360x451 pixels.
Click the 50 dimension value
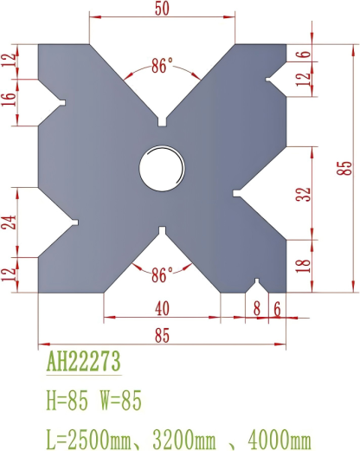[162, 8]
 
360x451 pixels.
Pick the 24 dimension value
[9, 222]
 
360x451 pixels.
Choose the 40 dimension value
[162, 307]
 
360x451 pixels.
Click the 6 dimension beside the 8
[277, 307]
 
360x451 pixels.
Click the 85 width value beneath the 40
[162, 335]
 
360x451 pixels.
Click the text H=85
[68, 401]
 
